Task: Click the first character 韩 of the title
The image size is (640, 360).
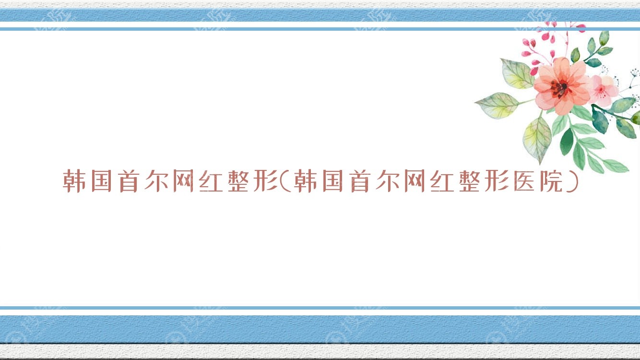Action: [x=74, y=180]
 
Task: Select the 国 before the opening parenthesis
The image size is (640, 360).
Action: [x=101, y=180]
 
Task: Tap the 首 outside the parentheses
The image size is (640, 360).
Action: [x=129, y=180]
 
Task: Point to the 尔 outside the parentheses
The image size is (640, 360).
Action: [x=156, y=180]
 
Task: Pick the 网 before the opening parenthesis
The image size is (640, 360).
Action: [x=184, y=180]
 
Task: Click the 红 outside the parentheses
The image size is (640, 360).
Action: [x=211, y=181]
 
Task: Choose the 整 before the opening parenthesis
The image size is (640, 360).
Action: [x=238, y=180]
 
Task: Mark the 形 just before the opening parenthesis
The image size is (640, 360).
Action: [x=265, y=180]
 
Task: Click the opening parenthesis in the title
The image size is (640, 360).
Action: [x=285, y=180]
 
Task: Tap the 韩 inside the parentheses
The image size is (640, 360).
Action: [x=305, y=180]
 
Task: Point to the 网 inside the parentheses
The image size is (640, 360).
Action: [x=415, y=180]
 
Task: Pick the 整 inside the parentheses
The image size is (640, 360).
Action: [x=469, y=180]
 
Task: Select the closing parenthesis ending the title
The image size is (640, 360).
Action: [x=572, y=180]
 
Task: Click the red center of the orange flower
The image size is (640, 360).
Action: [x=560, y=88]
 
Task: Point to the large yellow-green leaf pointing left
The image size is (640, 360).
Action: [x=498, y=105]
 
